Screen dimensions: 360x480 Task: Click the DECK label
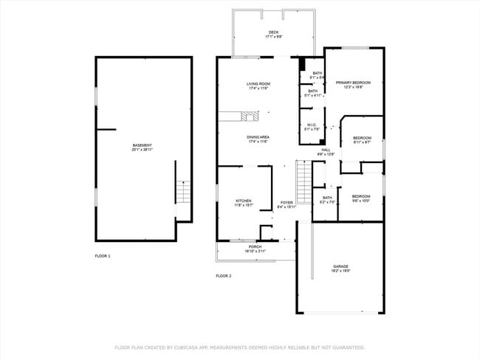coord(274,32)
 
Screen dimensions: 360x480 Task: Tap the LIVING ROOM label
coord(258,84)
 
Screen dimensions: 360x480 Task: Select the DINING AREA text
coord(258,137)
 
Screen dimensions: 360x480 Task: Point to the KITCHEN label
coord(244,201)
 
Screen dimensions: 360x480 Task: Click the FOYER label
coord(287,203)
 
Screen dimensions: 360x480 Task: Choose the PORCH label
coord(254,247)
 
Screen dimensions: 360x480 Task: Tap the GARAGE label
coord(340,266)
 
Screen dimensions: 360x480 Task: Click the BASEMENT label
coord(142,145)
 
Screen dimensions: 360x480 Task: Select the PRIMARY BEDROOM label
coord(353,83)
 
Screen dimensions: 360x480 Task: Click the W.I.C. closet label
coord(312,125)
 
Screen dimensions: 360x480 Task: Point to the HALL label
coord(326,150)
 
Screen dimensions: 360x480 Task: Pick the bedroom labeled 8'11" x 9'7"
coord(362,139)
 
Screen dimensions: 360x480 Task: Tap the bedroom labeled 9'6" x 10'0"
coord(361,196)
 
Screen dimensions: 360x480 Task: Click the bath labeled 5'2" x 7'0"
coord(327,198)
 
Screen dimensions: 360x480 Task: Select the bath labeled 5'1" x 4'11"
coord(313,91)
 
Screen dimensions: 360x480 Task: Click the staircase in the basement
coord(182,193)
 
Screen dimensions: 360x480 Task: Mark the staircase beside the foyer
coord(303,176)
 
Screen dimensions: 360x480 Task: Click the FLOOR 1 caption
coord(102,255)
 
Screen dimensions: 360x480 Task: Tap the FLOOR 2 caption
coord(223,276)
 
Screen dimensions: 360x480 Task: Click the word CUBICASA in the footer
coord(187,347)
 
